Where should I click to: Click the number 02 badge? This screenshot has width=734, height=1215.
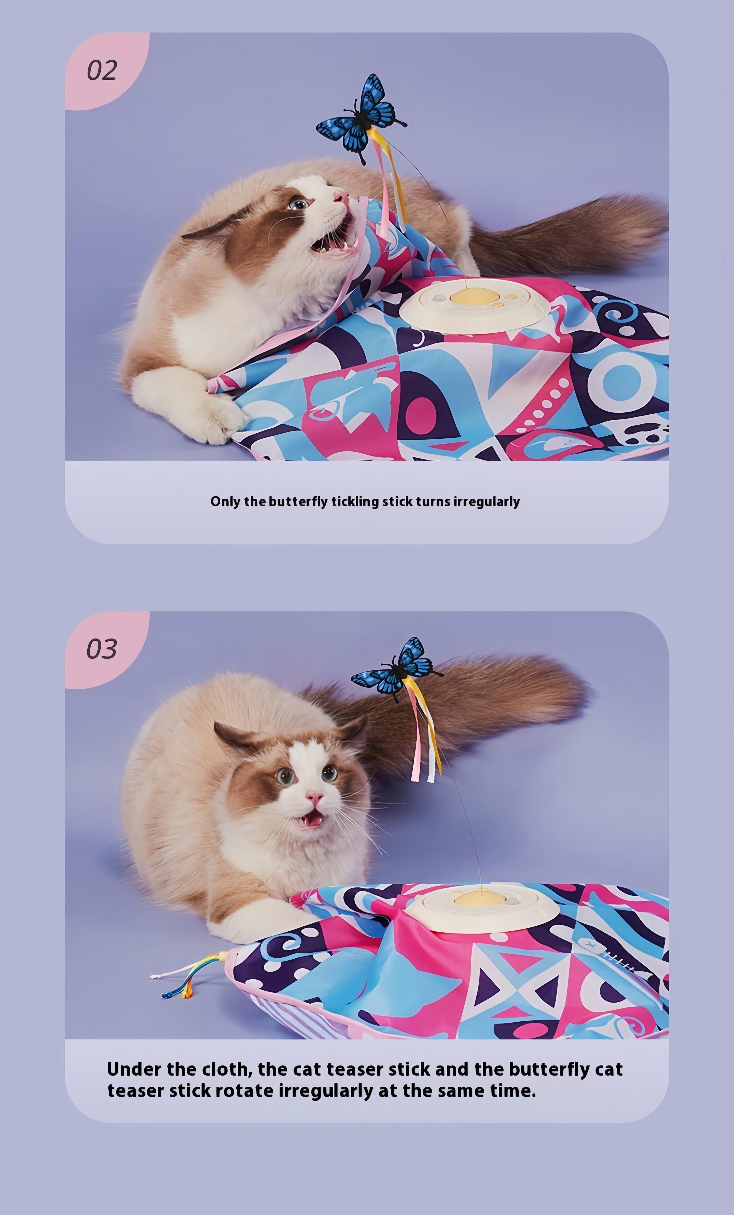tap(102, 70)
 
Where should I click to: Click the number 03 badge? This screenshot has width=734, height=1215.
tap(102, 649)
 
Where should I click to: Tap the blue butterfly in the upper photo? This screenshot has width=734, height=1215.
tap(361, 118)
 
